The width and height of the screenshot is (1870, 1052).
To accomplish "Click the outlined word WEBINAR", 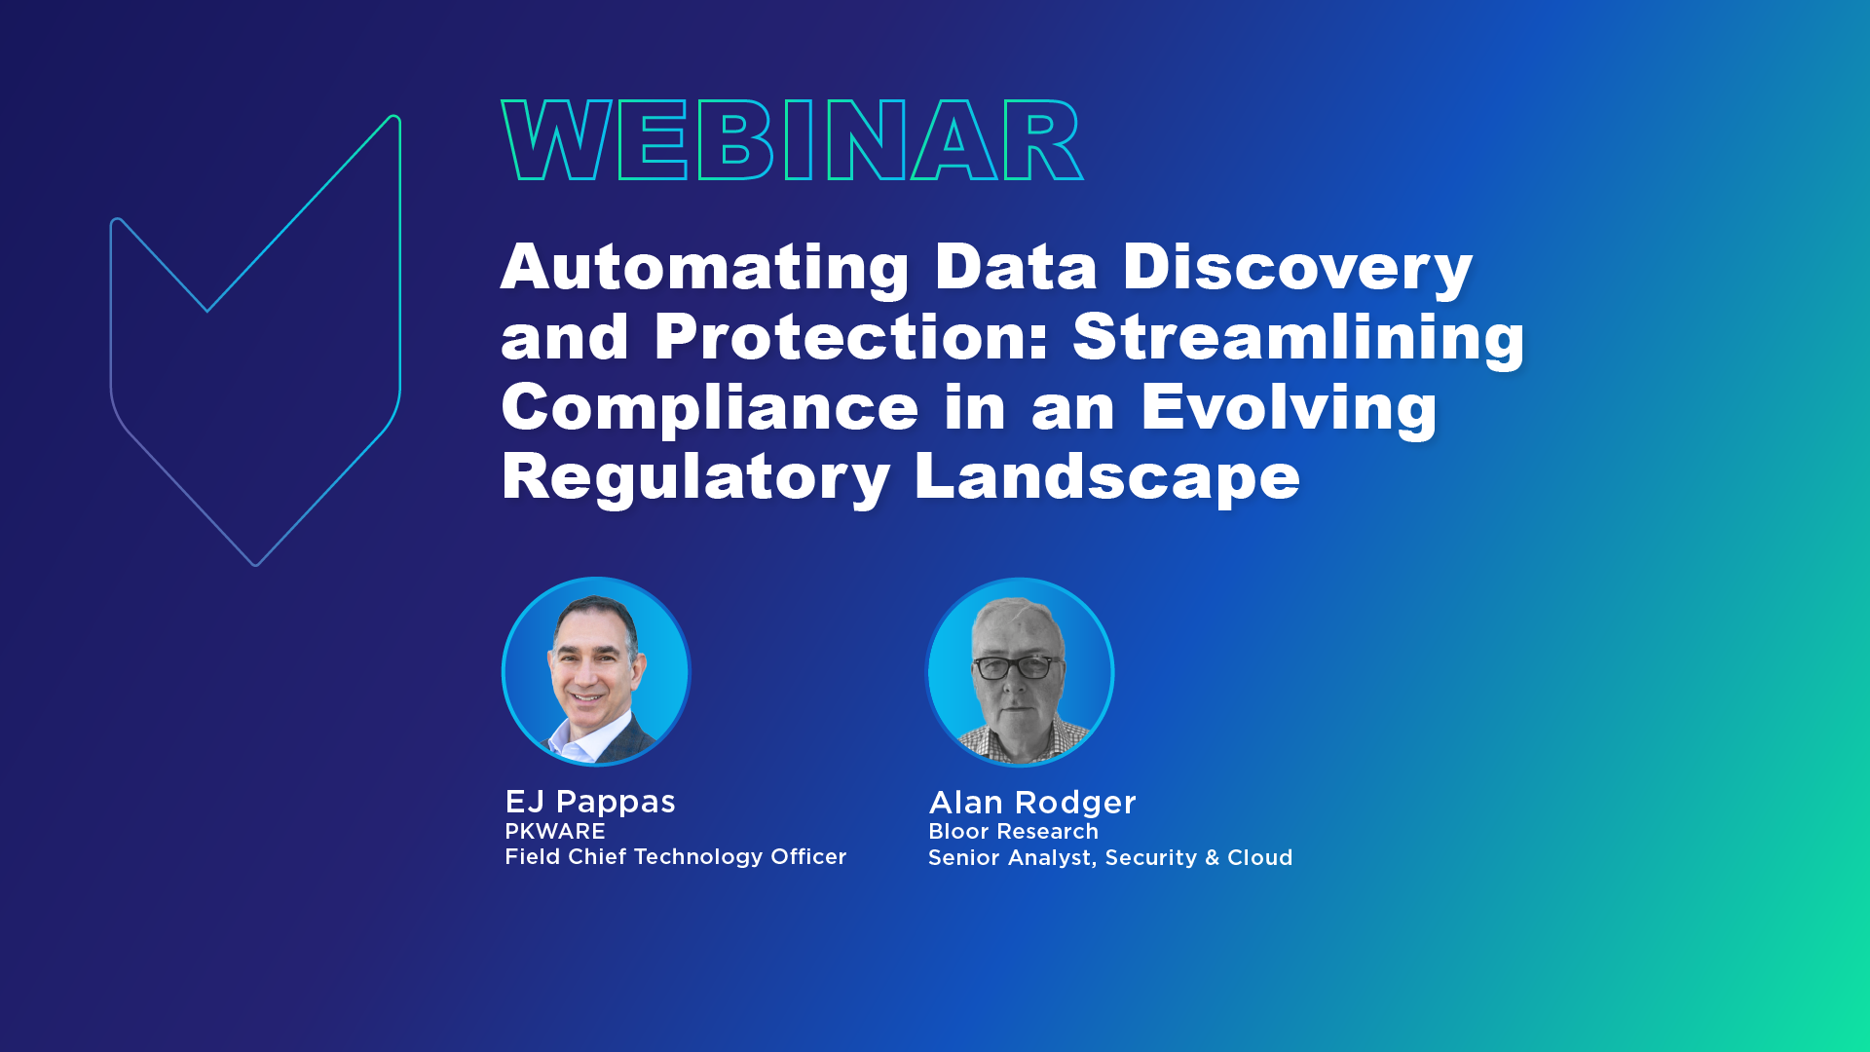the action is click(792, 141).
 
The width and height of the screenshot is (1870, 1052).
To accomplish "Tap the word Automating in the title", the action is click(705, 268).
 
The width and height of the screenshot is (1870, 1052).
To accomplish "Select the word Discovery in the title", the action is click(1297, 268).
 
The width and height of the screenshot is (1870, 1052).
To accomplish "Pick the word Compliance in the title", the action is click(709, 407).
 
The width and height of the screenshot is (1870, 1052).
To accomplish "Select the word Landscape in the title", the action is click(1106, 477).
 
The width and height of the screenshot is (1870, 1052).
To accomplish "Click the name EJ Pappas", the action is click(590, 802).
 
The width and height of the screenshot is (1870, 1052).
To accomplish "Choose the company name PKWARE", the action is click(555, 832).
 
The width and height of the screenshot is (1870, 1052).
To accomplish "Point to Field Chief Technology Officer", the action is click(676, 857).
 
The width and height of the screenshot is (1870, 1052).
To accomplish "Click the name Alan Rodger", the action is click(1032, 803).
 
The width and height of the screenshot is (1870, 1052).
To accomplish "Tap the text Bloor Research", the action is click(1013, 832).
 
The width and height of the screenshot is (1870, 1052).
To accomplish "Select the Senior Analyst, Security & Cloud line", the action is click(1110, 858).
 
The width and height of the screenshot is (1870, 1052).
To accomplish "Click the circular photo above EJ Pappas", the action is click(596, 672).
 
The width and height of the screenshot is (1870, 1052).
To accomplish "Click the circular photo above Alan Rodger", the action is click(1020, 672).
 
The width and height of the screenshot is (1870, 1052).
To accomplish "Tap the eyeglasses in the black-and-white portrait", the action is click(1014, 667).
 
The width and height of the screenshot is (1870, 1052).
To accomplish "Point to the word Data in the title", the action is click(1016, 268).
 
